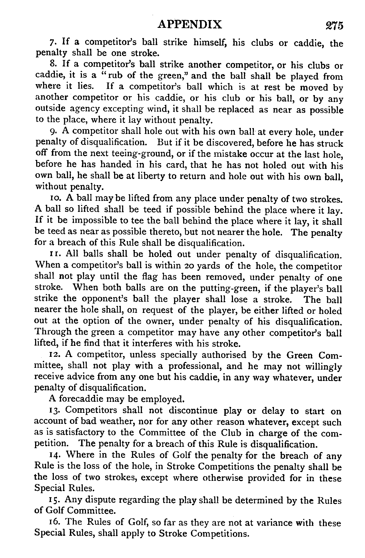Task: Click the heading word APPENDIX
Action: [x=190, y=25]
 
